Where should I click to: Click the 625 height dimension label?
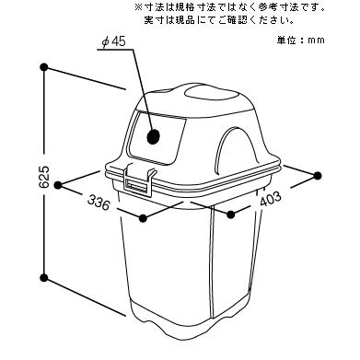tap(44, 177)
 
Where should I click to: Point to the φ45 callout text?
tap(114, 41)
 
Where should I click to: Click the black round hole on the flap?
tap(154, 136)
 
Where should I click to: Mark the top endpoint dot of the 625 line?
tap(44, 67)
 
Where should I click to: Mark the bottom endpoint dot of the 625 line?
tap(44, 278)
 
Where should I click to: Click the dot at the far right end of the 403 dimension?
tap(318, 176)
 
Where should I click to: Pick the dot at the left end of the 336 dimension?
tap(58, 185)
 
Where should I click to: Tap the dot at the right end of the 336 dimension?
tap(143, 218)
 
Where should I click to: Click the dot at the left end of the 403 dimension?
tap(231, 215)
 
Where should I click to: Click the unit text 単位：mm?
tap(301, 41)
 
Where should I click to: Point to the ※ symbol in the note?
tap(139, 7)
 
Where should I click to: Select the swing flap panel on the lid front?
tap(157, 137)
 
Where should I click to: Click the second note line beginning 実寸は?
tap(219, 20)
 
